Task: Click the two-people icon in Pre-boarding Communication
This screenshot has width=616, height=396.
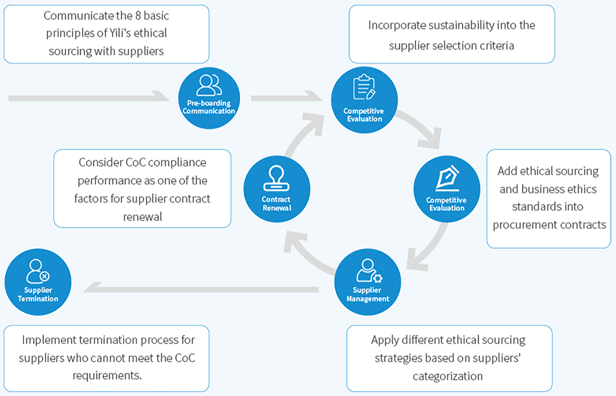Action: tap(209, 85)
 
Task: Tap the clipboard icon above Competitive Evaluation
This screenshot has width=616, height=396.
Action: tap(364, 88)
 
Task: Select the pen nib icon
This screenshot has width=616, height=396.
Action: tap(447, 178)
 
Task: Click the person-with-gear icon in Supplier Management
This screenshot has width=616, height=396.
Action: tap(369, 271)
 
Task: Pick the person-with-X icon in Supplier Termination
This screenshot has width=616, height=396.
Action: tap(38, 271)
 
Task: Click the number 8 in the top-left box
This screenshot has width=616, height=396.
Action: tap(138, 16)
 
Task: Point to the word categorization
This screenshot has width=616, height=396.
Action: tap(447, 376)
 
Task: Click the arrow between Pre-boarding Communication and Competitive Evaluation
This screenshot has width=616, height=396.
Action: tap(286, 97)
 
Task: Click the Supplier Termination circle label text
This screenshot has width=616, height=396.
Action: tap(38, 294)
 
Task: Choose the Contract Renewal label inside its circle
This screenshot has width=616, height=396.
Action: tap(277, 204)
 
